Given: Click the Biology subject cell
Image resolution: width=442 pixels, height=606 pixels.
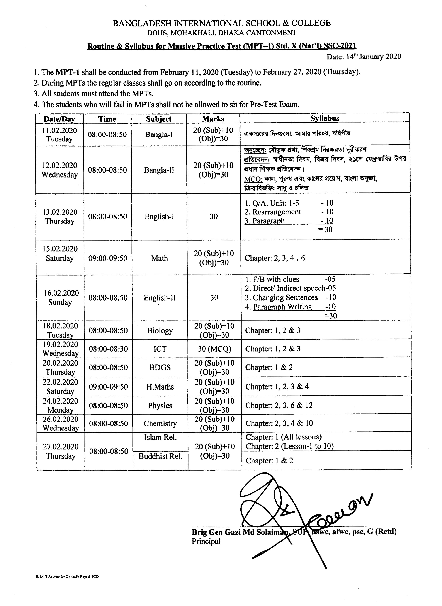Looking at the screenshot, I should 160,330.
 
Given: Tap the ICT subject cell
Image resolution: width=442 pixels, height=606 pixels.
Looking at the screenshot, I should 160,349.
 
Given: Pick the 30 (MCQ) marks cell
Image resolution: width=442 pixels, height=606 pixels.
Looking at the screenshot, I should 214,349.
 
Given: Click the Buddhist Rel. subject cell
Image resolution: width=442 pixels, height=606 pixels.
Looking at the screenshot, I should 160,456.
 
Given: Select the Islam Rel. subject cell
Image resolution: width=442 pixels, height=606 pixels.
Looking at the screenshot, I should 160,437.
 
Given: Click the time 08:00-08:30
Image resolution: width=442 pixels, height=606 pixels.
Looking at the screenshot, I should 108,349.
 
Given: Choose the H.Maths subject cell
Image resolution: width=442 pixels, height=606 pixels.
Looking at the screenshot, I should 160,387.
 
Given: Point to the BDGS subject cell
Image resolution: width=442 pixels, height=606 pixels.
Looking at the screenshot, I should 160,367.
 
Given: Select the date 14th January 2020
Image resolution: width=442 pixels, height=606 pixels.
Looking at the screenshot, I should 364,57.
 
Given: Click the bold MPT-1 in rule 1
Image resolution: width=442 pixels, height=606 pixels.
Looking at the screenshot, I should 67,72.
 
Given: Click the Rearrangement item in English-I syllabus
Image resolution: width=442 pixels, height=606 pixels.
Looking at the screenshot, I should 276,212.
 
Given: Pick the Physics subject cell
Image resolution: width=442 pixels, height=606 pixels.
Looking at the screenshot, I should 160,405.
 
